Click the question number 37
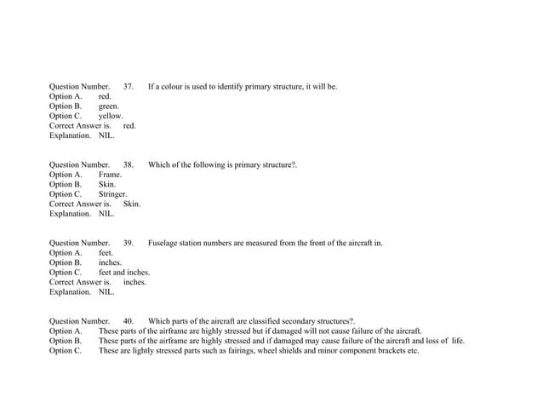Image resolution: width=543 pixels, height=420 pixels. coord(129,87)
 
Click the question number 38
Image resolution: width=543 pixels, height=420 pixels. coord(129,165)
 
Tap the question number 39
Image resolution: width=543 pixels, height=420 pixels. coord(129,244)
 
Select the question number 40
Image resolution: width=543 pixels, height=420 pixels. coord(129,322)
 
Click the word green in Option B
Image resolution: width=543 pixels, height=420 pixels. coord(109,106)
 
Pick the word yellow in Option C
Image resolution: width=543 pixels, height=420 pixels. coord(111,117)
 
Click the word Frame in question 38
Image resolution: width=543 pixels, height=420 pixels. coord(110,175)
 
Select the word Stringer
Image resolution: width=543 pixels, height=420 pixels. coord(112,194)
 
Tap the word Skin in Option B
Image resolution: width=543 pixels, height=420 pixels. coord(107,185)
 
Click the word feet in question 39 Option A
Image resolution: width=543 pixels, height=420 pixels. coord(106,253)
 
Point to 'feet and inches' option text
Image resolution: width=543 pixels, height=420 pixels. coord(124,273)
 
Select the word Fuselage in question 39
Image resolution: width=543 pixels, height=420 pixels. coord(165,244)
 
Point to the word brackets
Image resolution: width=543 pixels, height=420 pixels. coord(387,351)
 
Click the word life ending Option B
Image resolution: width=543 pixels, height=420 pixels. coord(458,341)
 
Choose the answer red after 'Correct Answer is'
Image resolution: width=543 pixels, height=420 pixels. coord(129,126)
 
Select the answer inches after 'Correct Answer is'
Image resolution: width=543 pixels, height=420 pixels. coord(134,282)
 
